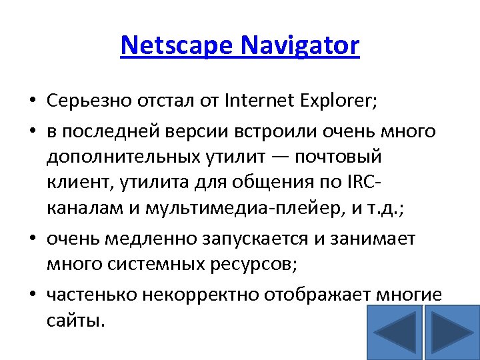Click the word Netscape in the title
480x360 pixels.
pyautogui.click(x=177, y=45)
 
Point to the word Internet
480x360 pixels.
pyautogui.click(x=259, y=101)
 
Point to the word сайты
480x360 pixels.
pyautogui.click(x=75, y=321)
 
